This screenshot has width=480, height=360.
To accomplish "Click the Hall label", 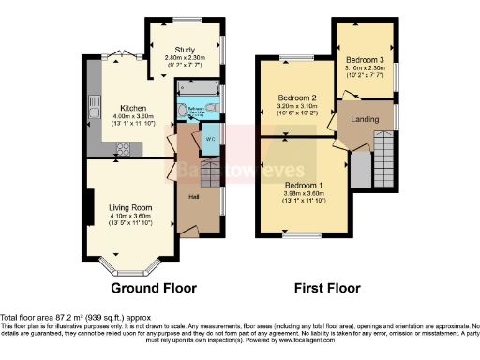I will coord(193,197).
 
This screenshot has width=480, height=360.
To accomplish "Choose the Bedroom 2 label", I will coord(295,97).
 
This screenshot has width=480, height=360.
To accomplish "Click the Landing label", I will coord(365,119).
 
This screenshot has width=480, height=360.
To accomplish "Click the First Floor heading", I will coord(323,288).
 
